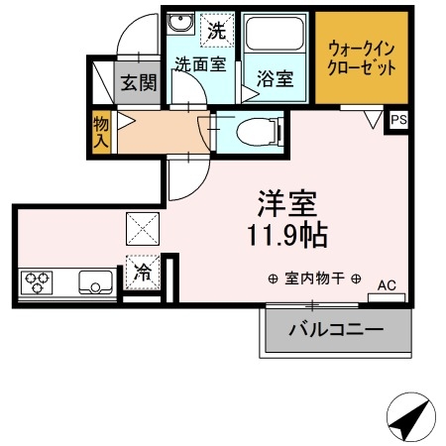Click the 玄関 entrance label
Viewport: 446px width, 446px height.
pyautogui.click(x=140, y=83)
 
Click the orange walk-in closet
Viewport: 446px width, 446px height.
pyautogui.click(x=361, y=58)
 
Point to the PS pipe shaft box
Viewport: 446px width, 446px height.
pyautogui.click(x=397, y=120)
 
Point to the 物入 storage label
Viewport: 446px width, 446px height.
pyautogui.click(x=100, y=131)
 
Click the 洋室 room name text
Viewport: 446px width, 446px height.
pyautogui.click(x=287, y=203)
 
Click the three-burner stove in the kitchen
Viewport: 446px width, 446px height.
pyautogui.click(x=37, y=283)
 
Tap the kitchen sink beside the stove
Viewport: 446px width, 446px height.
pyautogui.click(x=97, y=282)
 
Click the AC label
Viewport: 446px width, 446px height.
pyautogui.click(x=387, y=285)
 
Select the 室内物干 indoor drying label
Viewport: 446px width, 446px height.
pyautogui.click(x=315, y=279)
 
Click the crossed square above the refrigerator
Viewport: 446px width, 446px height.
pyautogui.click(x=144, y=230)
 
